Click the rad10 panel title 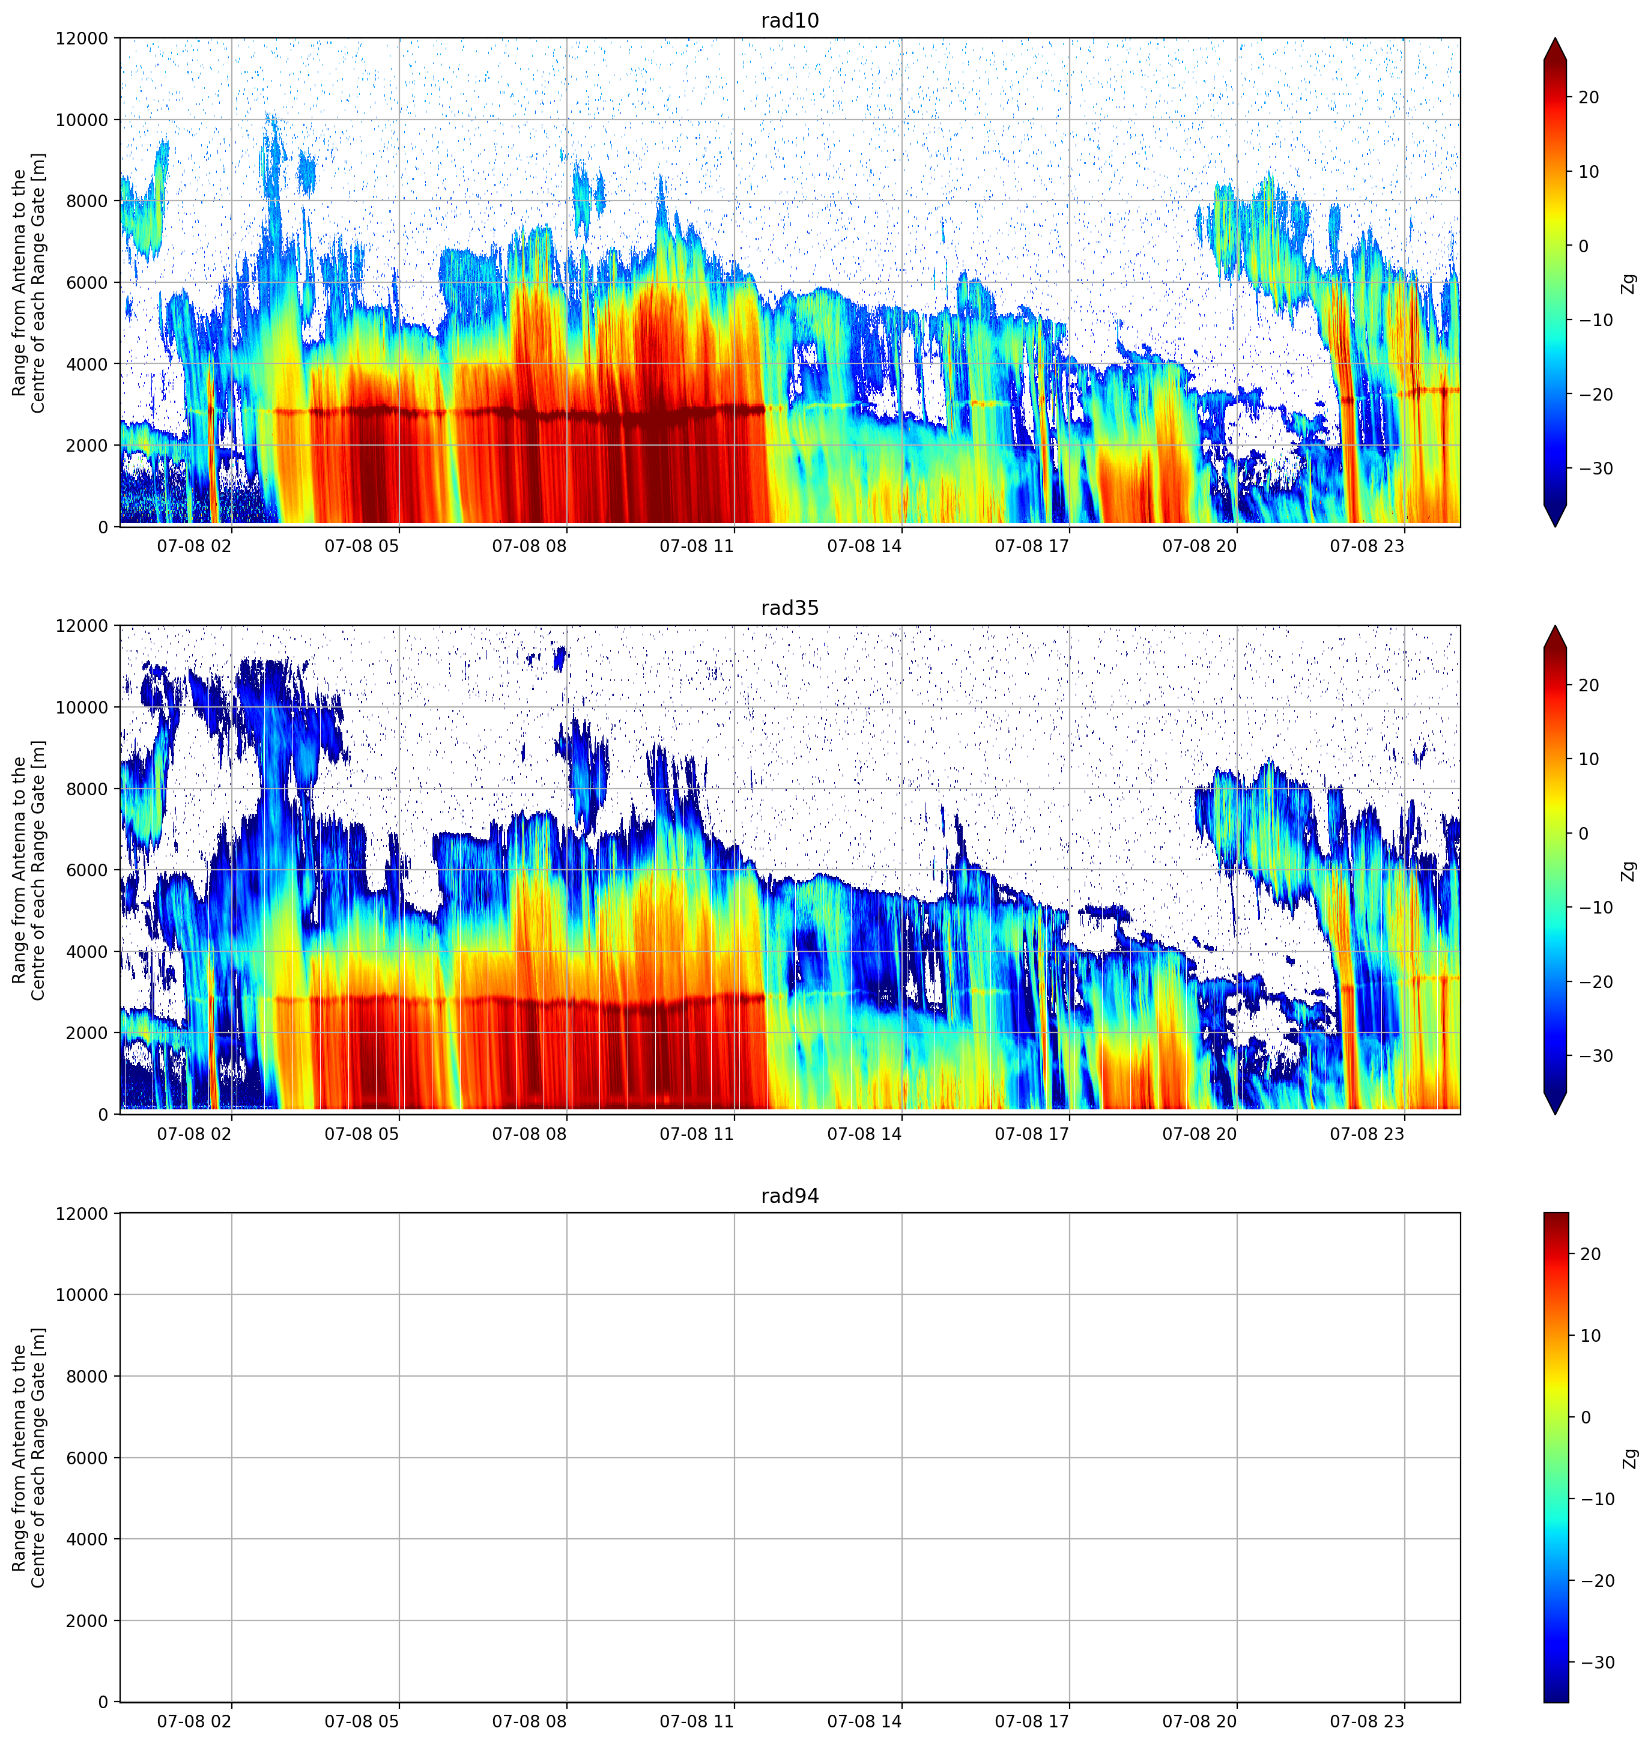pyautogui.click(x=789, y=20)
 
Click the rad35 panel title pyautogui.click(x=789, y=608)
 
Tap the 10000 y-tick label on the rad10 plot pyautogui.click(x=81, y=120)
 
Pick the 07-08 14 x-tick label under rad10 pyautogui.click(x=864, y=546)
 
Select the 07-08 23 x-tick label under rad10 pyautogui.click(x=1367, y=546)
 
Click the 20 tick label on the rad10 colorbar pyautogui.click(x=1589, y=98)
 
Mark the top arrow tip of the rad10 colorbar pyautogui.click(x=1555, y=38)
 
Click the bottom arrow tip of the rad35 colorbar pyautogui.click(x=1555, y=1115)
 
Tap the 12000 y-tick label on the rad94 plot pyautogui.click(x=81, y=1214)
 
